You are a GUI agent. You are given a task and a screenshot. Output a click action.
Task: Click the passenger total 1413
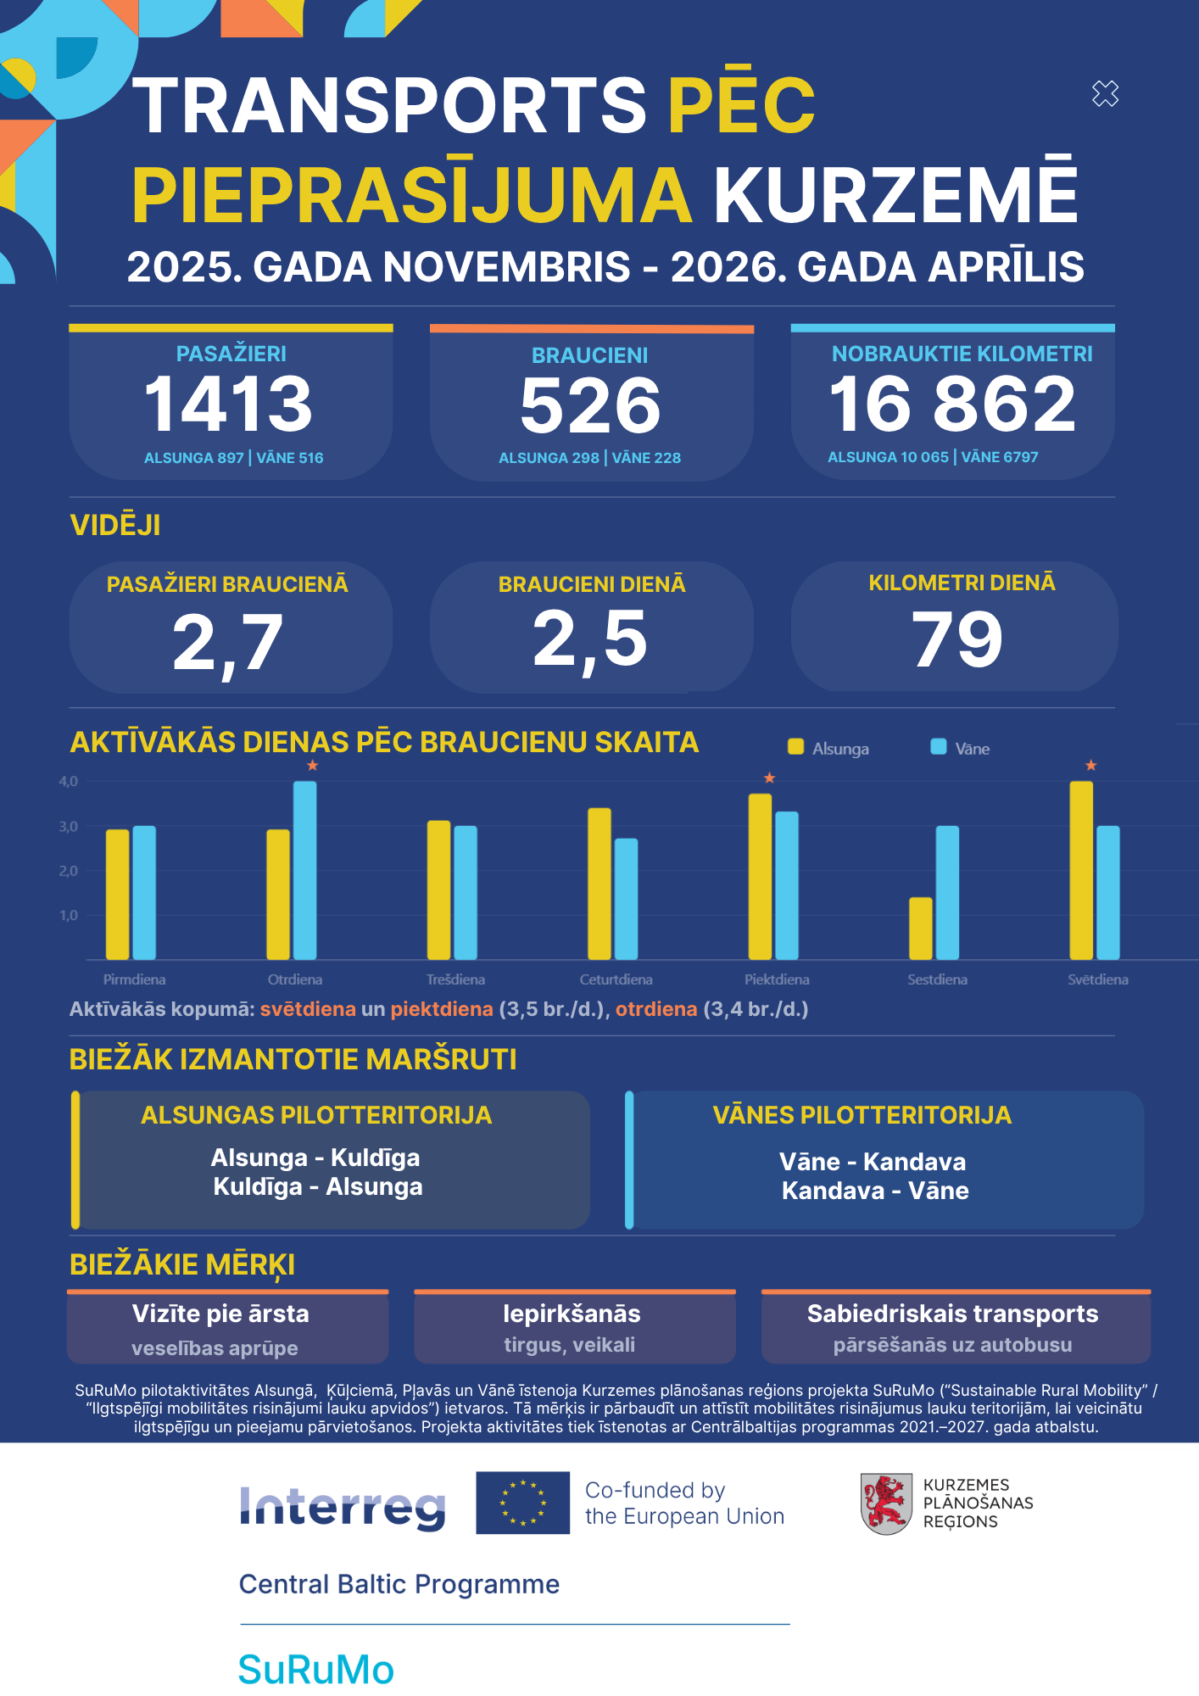tap(229, 404)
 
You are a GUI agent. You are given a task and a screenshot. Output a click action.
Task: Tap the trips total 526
tap(590, 405)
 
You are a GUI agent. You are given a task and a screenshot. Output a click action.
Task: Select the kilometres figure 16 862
tap(952, 404)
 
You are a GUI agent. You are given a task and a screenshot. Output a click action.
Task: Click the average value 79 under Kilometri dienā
tap(956, 639)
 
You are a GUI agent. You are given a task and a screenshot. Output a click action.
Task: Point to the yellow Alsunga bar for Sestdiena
tap(920, 928)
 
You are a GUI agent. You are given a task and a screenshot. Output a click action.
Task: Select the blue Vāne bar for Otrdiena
tap(305, 870)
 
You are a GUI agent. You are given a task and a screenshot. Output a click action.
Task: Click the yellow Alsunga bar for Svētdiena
tap(1081, 870)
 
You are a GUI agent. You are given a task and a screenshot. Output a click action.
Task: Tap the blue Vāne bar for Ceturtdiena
tap(627, 899)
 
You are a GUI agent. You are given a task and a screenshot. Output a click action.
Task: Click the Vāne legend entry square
tap(939, 746)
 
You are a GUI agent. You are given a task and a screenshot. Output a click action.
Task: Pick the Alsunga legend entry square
tap(795, 746)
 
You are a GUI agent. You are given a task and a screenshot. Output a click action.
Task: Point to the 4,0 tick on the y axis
tap(68, 781)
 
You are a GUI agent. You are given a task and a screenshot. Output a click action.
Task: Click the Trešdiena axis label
tap(455, 979)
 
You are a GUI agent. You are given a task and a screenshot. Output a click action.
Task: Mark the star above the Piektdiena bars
tap(769, 778)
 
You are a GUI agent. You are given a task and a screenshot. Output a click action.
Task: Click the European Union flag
tap(522, 1503)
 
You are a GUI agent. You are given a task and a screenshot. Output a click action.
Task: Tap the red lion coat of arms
tap(886, 1504)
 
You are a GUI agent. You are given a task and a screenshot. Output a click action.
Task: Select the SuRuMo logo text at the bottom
tap(315, 1670)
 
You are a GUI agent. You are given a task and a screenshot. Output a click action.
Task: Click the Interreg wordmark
tap(343, 1508)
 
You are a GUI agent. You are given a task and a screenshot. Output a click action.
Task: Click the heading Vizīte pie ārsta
tap(220, 1314)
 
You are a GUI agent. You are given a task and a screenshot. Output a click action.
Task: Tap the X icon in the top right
tap(1106, 93)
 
